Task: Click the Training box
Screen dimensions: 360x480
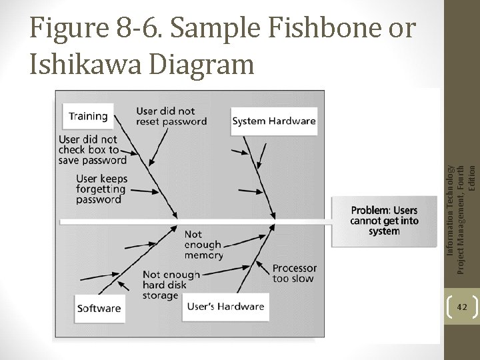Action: (88, 116)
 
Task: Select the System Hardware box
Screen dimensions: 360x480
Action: (274, 121)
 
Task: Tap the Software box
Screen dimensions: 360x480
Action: (99, 308)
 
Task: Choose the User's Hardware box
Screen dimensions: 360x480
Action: (226, 307)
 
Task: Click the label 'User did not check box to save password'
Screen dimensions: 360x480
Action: (92, 149)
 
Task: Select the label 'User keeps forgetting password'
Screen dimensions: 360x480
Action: (101, 189)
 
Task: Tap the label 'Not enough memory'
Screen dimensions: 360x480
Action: (203, 244)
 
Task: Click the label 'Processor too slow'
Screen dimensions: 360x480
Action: (294, 273)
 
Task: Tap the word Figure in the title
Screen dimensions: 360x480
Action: (66, 29)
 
